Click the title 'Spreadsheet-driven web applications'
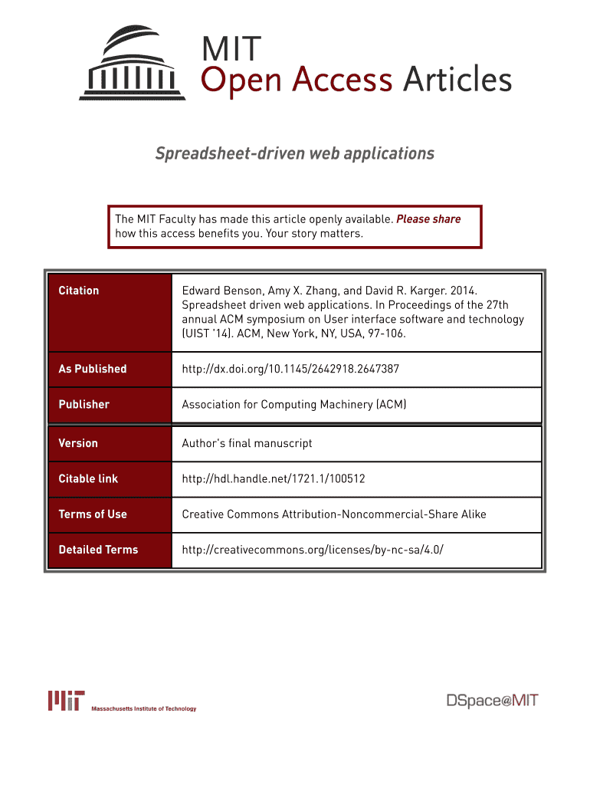coord(295,154)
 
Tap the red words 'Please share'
coord(428,219)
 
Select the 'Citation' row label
coord(79,291)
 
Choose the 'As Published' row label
coord(93,369)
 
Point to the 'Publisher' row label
coord(84,404)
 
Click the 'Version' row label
coord(78,443)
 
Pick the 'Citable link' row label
coord(88,478)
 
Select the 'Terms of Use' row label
coord(93,514)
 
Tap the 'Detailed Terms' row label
coord(98,549)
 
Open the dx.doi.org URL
coord(290,369)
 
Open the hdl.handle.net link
coord(274,478)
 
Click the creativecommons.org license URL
coord(313,549)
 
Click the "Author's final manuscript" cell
coord(247,443)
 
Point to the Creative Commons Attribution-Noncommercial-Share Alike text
coord(333,514)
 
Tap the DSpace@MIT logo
coord(493,700)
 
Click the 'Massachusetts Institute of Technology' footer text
coord(144,708)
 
